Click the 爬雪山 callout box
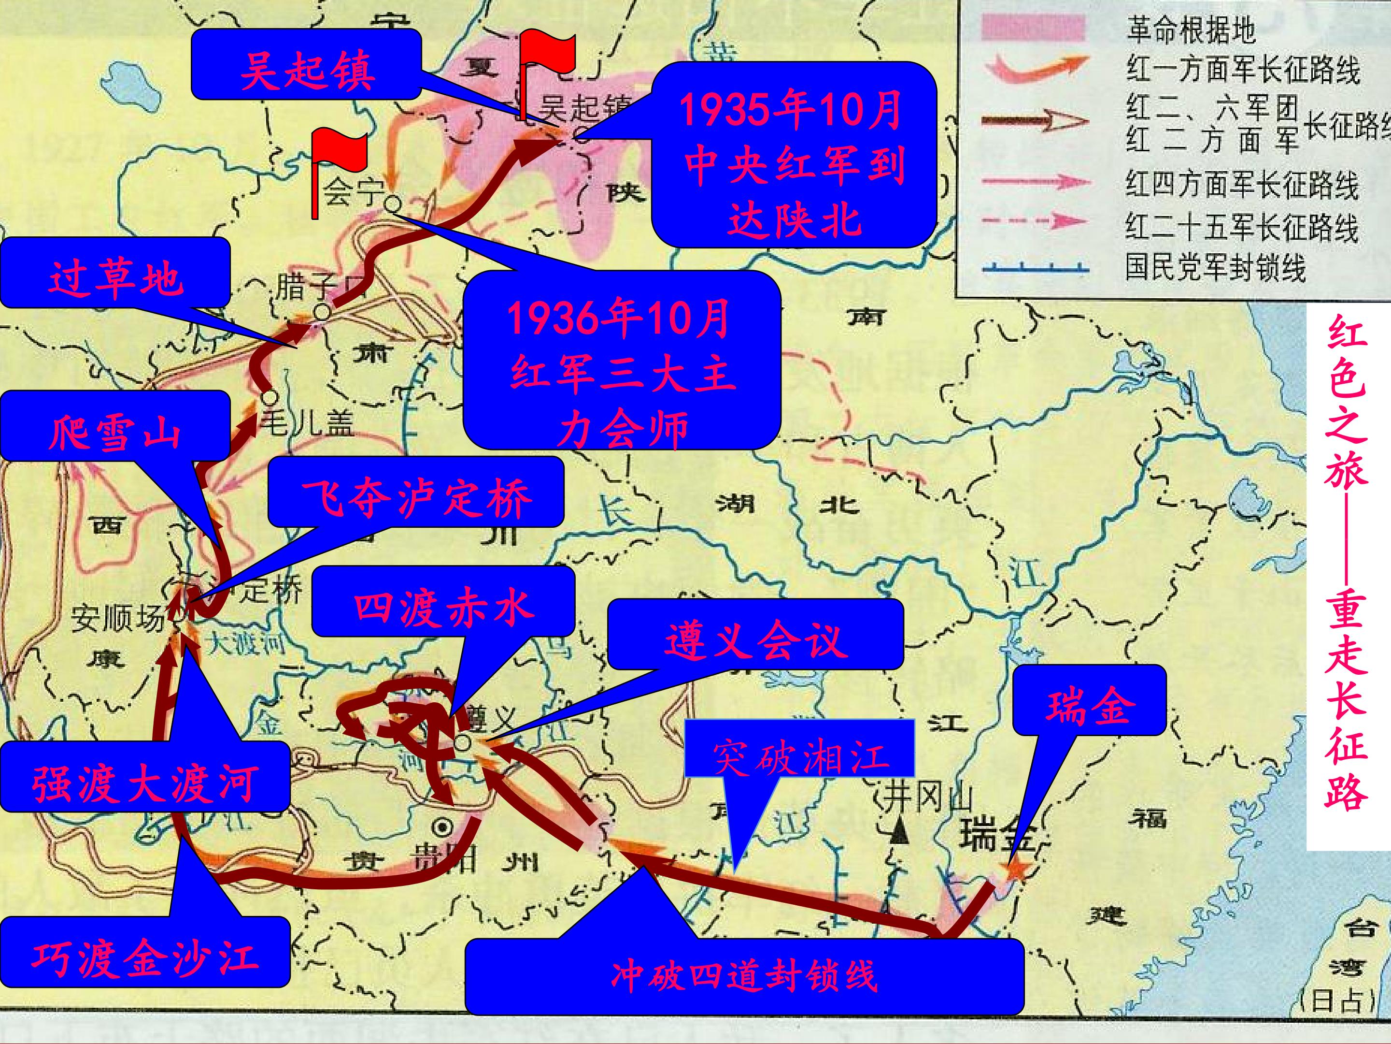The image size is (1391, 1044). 114,425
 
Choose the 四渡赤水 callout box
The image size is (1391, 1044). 443,601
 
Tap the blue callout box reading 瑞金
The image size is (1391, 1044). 1089,700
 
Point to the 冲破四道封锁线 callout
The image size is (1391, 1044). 744,976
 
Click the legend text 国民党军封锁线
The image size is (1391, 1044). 1215,267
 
